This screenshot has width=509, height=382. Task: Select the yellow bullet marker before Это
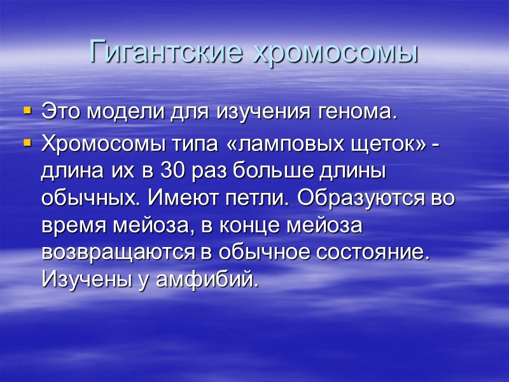(x=27, y=111)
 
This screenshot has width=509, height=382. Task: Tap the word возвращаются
(x=127, y=252)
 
